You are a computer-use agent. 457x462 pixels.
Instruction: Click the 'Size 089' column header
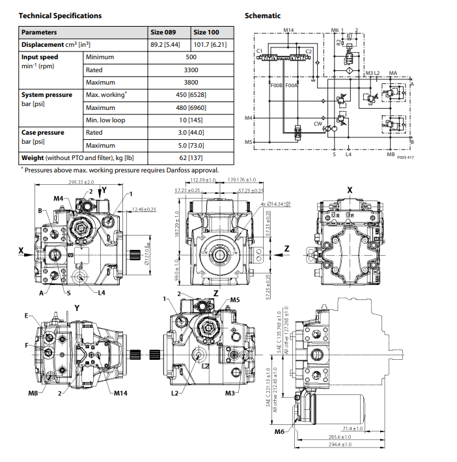[163, 32]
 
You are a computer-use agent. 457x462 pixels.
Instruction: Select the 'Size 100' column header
[206, 32]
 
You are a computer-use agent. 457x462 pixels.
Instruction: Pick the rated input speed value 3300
[191, 70]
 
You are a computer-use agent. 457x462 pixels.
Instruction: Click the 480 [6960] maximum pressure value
[191, 107]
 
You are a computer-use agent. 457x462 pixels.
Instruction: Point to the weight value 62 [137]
[191, 157]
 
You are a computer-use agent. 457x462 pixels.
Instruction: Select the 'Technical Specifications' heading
[61, 15]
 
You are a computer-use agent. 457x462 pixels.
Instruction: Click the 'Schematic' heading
[262, 15]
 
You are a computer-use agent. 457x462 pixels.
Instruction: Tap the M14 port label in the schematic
[289, 30]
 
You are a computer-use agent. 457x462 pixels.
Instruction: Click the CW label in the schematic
[318, 123]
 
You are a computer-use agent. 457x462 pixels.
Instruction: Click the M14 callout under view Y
[120, 394]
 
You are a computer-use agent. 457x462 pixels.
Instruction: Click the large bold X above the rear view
[350, 189]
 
